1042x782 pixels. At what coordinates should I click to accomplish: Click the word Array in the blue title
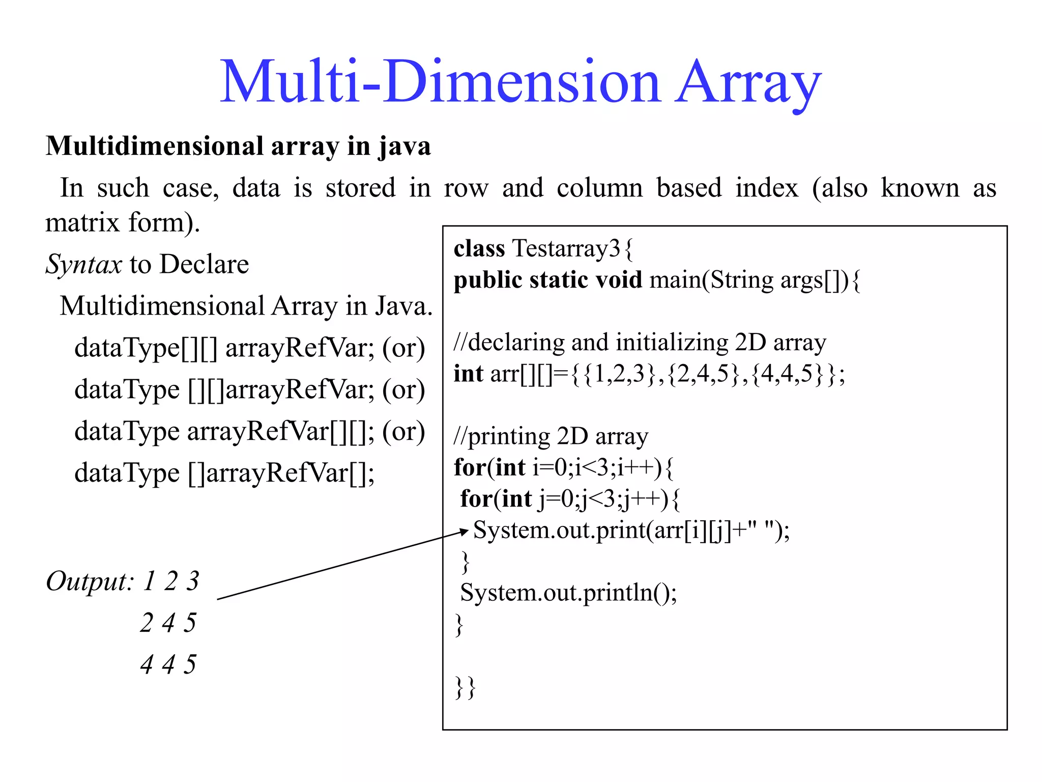(x=748, y=82)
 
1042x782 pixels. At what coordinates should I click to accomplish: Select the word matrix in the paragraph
(x=81, y=223)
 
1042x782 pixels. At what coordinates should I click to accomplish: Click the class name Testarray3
(x=566, y=249)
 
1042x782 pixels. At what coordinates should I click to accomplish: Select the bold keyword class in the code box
(x=479, y=249)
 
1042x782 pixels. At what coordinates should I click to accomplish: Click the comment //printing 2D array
(x=551, y=436)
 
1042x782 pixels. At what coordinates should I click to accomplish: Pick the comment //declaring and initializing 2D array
(x=640, y=343)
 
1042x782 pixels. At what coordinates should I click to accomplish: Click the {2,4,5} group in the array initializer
(x=702, y=374)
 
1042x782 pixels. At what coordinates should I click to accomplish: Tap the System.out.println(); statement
(x=568, y=593)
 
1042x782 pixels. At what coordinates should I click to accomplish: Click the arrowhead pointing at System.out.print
(x=464, y=532)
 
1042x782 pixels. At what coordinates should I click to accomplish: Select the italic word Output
(x=89, y=581)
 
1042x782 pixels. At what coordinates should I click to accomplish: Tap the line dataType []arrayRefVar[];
(x=224, y=473)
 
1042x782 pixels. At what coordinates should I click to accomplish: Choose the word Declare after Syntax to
(x=204, y=265)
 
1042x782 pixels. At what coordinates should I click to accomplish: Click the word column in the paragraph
(x=599, y=188)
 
